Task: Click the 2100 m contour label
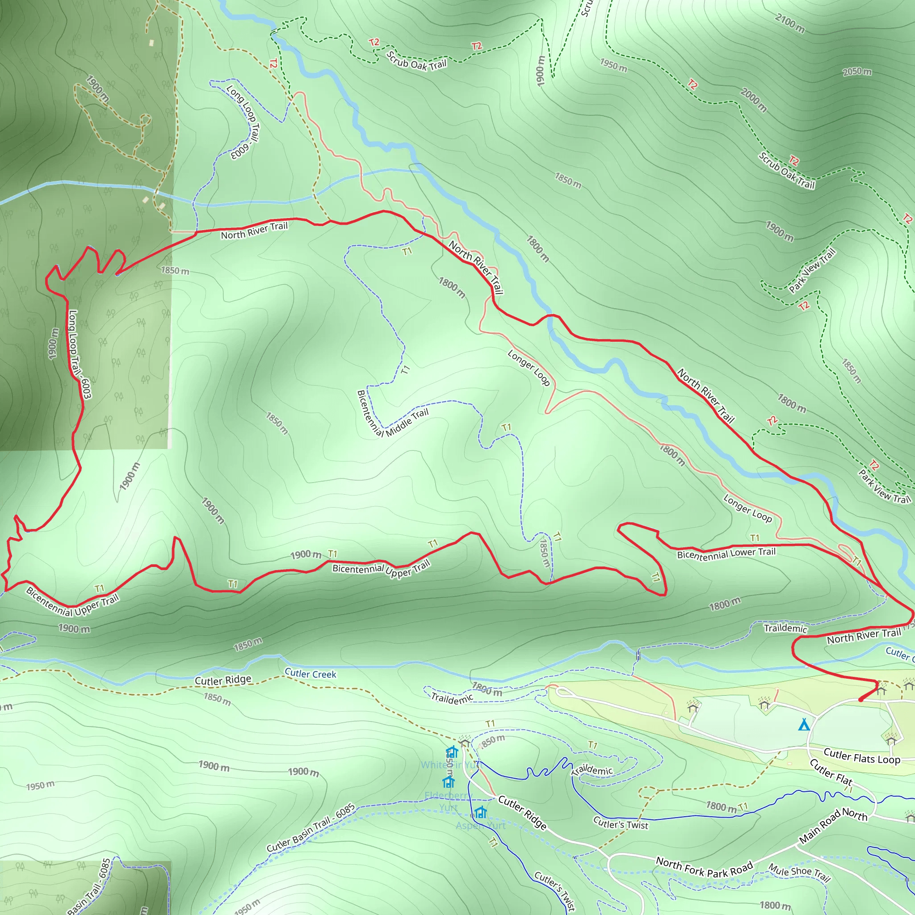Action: pyautogui.click(x=789, y=23)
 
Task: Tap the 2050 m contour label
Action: pyautogui.click(x=857, y=71)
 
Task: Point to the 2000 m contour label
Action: pyautogui.click(x=754, y=100)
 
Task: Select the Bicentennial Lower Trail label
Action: pyautogui.click(x=726, y=553)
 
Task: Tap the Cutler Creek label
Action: pyautogui.click(x=310, y=673)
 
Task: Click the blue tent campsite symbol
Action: pyautogui.click(x=804, y=725)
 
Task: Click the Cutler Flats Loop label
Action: pyautogui.click(x=861, y=756)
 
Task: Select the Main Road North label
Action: pyautogui.click(x=833, y=826)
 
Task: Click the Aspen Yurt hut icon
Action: pyautogui.click(x=481, y=813)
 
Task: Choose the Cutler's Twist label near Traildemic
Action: pyautogui.click(x=621, y=823)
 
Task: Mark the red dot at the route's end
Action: pyautogui.click(x=860, y=700)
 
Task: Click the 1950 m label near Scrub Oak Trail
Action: pyautogui.click(x=613, y=65)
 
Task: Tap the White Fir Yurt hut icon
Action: pyautogui.click(x=452, y=751)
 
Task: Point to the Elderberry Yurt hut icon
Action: pyautogui.click(x=449, y=781)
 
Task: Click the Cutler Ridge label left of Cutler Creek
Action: pyautogui.click(x=223, y=680)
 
